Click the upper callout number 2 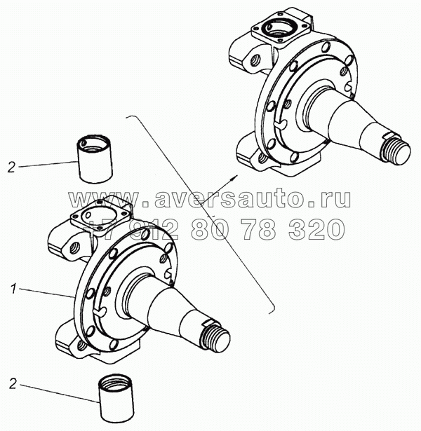[11, 167]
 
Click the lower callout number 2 [13, 384]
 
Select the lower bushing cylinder [116, 397]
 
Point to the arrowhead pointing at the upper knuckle [234, 177]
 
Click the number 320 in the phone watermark [316, 229]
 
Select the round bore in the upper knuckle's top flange [279, 29]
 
